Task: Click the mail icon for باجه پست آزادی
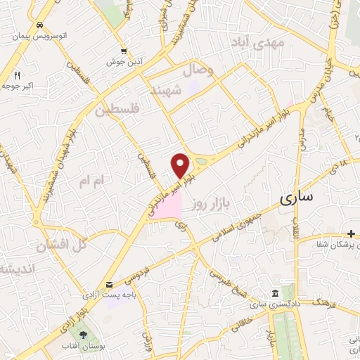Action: (x=109, y=284)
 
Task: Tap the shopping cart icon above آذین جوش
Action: (x=124, y=51)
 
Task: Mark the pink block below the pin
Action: (x=167, y=207)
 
